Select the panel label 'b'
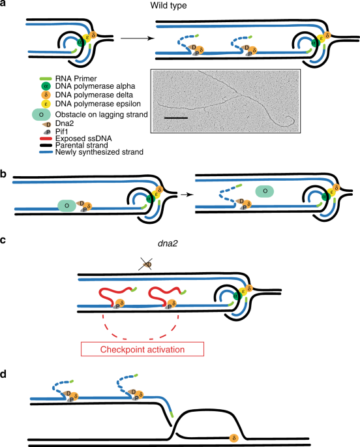[4, 157]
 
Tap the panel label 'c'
[4, 240]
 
